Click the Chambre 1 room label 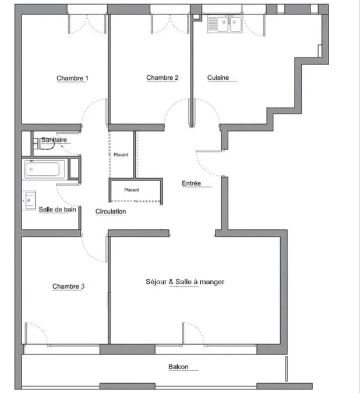72,78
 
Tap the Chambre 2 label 162,77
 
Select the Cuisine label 218,77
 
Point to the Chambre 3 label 68,286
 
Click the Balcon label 178,367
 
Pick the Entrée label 191,183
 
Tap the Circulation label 111,211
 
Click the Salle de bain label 57,209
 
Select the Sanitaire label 54,140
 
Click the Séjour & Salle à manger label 185,282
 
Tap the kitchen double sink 225,24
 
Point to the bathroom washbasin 29,200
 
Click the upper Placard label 121,155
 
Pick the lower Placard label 132,190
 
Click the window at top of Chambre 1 87,9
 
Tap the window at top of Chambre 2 170,9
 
